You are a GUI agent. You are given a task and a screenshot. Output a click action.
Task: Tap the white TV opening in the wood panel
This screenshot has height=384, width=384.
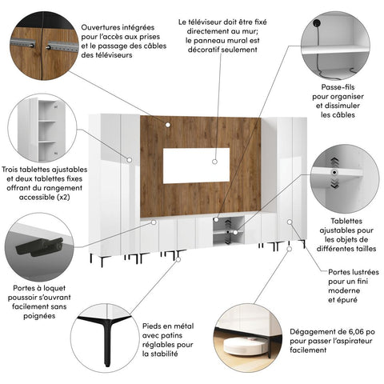[196, 166]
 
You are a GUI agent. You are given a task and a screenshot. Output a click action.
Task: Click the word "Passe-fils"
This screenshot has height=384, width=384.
[338, 87]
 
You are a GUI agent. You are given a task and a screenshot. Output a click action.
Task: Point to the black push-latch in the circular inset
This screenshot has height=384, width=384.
[40, 246]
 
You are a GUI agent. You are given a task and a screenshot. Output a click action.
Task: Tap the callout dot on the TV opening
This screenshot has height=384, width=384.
[214, 162]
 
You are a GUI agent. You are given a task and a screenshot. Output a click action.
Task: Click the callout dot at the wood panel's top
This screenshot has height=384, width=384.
[168, 125]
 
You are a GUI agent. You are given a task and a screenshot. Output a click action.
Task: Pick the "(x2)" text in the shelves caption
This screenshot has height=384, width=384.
[63, 198]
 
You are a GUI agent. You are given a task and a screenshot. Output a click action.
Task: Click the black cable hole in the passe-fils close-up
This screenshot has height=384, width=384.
[318, 23]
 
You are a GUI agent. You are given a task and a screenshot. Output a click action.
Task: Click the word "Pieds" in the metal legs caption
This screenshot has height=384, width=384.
[150, 326]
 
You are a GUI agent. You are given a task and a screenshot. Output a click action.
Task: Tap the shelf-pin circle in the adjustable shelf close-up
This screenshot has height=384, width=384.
[334, 173]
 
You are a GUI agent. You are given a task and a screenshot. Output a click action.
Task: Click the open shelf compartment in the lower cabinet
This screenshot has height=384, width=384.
[229, 230]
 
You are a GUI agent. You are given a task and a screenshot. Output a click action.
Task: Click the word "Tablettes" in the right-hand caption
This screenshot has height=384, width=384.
[346, 221]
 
